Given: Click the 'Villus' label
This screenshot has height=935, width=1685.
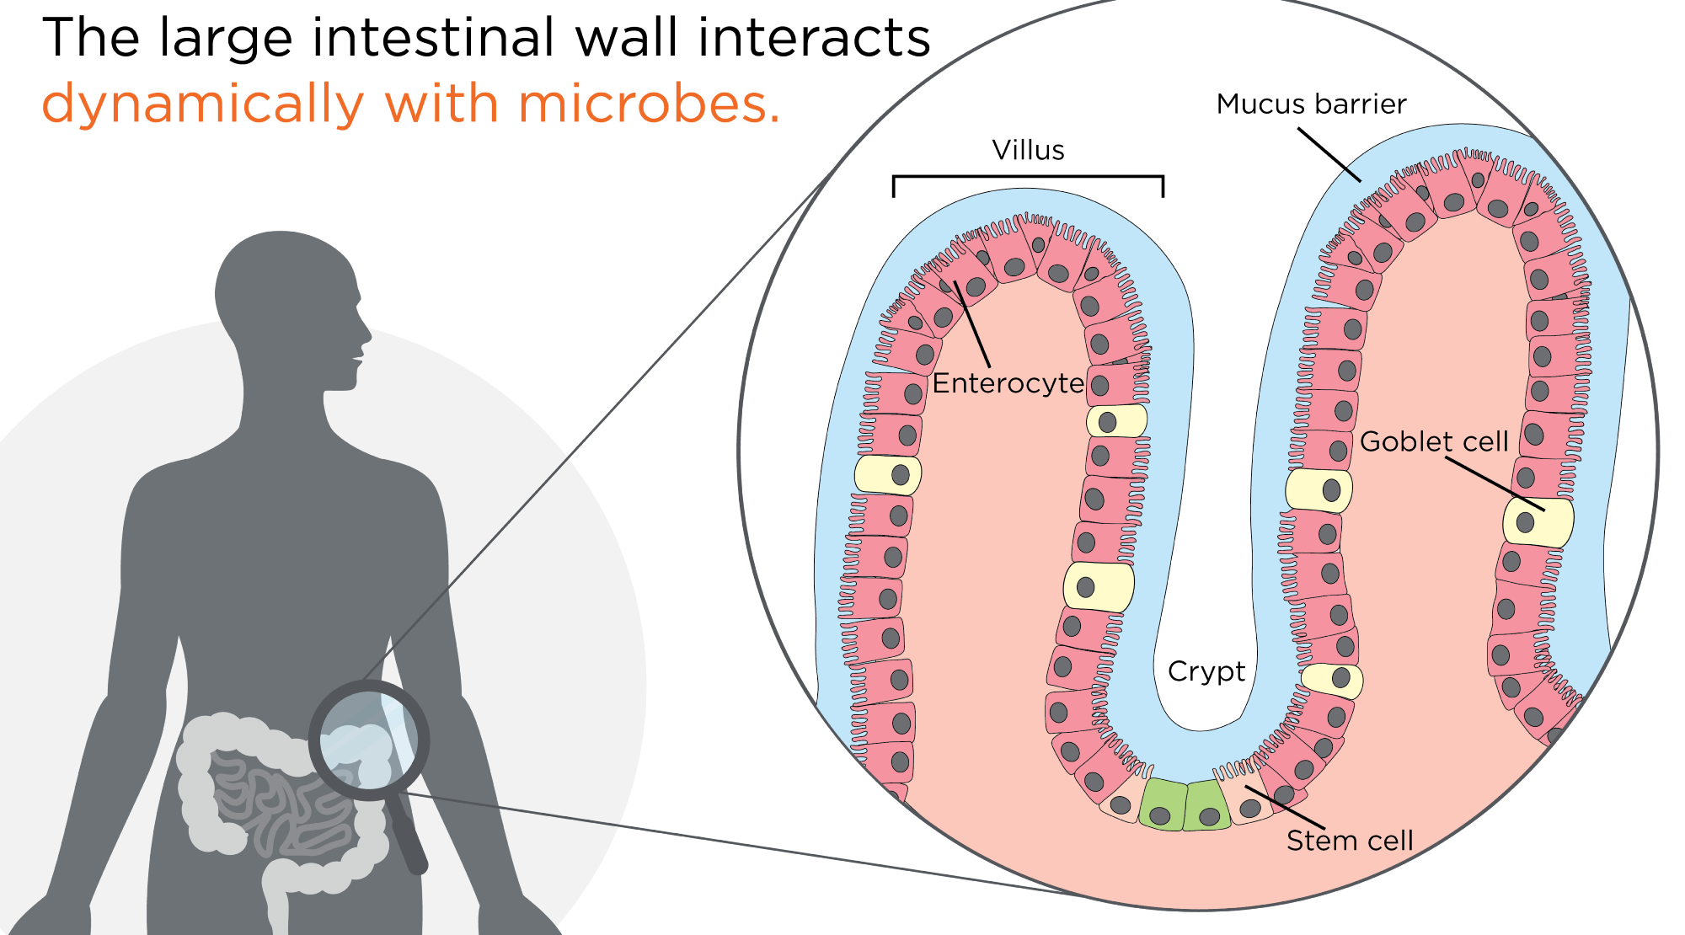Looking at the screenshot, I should point(1028,150).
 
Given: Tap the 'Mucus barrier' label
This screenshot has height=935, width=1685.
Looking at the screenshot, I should point(1311,104).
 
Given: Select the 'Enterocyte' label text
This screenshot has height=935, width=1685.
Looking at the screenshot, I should point(1008,383).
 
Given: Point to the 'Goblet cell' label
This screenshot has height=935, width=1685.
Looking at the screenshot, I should point(1434,441).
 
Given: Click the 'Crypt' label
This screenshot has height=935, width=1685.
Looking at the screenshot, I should point(1206,671).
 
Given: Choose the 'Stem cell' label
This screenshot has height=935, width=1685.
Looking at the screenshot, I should point(1349,840).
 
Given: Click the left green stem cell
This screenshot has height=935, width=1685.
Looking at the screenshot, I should point(1163,805).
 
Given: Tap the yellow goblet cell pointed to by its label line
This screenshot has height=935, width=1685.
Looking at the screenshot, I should point(1538,522).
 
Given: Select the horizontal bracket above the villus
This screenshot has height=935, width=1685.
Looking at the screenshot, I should point(1028,177).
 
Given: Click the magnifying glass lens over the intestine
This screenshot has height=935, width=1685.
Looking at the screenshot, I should point(369,740).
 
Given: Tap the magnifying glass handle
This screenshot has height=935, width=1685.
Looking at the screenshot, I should point(408,834).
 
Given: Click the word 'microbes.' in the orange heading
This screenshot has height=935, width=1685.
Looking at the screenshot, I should point(649,104).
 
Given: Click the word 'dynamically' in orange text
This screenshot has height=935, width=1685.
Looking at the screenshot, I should point(202,104).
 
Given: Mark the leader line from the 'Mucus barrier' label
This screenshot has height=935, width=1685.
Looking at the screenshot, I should point(1329,155).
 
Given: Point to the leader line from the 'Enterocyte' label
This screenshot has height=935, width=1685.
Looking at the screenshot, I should point(972,324).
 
